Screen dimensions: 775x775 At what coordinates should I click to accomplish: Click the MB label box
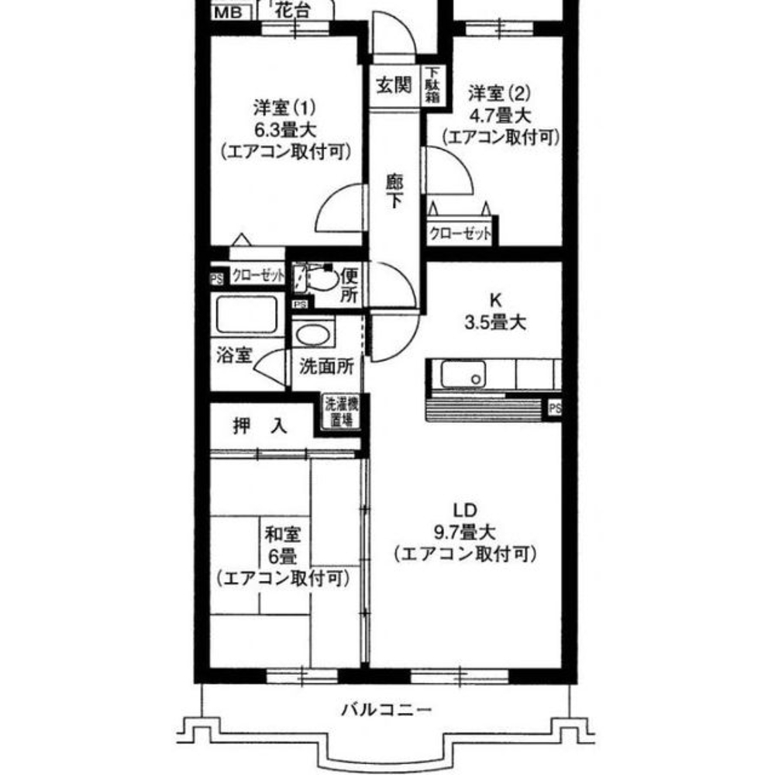[228, 12]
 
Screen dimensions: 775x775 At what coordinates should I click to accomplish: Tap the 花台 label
[294, 12]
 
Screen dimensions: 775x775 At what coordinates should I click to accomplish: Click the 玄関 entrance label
[394, 86]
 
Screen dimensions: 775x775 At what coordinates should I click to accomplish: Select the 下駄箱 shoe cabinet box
[432, 85]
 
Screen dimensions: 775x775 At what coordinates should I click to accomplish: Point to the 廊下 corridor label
[394, 190]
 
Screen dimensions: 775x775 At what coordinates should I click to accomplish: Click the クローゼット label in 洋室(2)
[460, 235]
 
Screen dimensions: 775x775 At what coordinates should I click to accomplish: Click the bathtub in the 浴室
[246, 314]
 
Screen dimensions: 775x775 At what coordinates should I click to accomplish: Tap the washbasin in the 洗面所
[314, 336]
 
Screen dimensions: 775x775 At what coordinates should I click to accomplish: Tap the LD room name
[464, 511]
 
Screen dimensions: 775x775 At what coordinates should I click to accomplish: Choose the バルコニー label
[385, 709]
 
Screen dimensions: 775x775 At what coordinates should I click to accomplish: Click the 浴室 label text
[233, 357]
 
